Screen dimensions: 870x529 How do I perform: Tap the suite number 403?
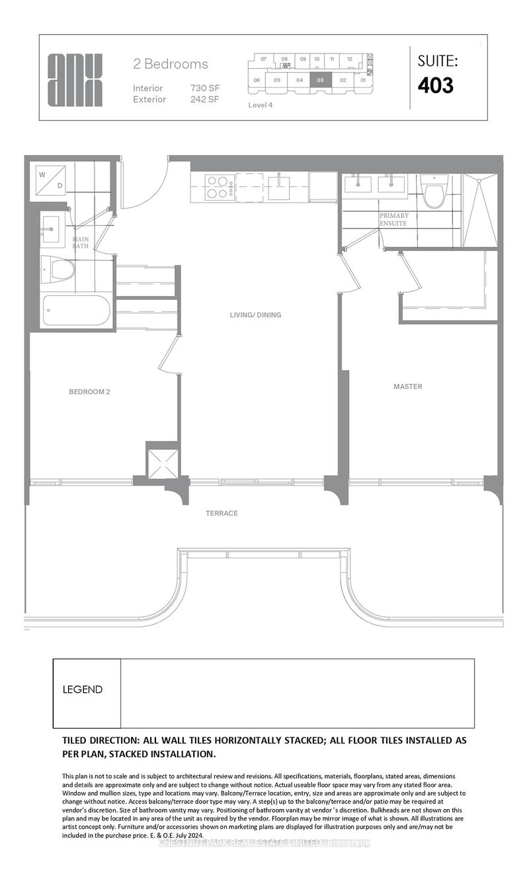click(x=435, y=85)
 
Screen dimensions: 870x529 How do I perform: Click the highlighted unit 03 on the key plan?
click(x=320, y=80)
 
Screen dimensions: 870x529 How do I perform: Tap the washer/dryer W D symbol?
click(x=51, y=180)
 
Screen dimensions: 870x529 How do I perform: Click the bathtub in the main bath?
click(x=76, y=310)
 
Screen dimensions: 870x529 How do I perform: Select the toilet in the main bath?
click(x=58, y=270)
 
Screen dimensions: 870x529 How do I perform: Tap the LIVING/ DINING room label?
click(x=251, y=315)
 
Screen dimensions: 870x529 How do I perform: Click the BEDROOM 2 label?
click(x=89, y=392)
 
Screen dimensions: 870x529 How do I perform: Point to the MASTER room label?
click(x=408, y=386)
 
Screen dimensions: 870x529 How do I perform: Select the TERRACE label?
click(x=222, y=513)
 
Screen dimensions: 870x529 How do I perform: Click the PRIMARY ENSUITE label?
click(x=393, y=219)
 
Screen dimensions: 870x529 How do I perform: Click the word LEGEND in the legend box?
click(x=83, y=690)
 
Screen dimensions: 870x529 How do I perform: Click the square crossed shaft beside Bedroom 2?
click(x=162, y=461)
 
